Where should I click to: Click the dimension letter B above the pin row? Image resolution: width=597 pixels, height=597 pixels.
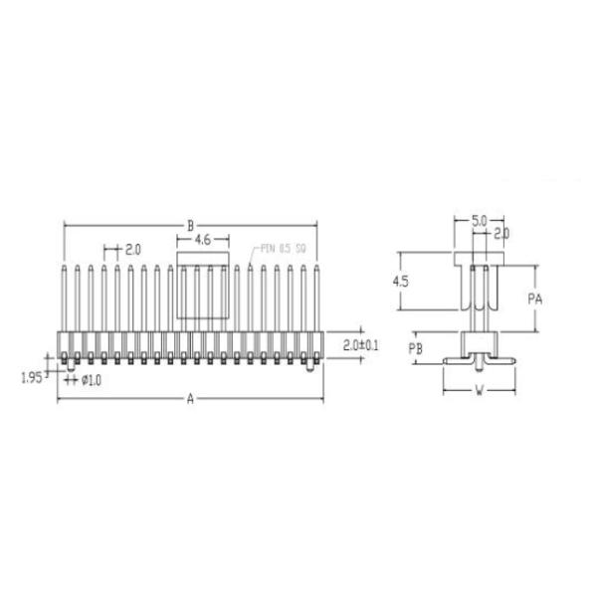pos(191,226)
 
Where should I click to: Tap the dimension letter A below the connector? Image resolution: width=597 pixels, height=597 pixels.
pos(191,399)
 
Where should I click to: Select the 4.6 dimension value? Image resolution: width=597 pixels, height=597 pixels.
pos(202,240)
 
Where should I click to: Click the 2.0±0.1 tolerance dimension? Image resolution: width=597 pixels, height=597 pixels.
pos(359,345)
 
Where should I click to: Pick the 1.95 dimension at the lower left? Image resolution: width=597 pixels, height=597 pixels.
pos(34,376)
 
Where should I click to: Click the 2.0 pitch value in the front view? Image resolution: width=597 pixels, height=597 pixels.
pos(132,248)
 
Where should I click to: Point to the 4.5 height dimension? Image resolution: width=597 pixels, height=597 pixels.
pos(401,282)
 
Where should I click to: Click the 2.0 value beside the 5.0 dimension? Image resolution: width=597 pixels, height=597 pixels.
pos(501,233)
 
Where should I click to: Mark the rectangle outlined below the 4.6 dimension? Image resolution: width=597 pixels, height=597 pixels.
pos(202,291)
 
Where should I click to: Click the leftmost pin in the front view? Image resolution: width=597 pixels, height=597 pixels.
pos(65,298)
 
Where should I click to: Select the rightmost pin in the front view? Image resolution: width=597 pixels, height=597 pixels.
pos(316,298)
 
